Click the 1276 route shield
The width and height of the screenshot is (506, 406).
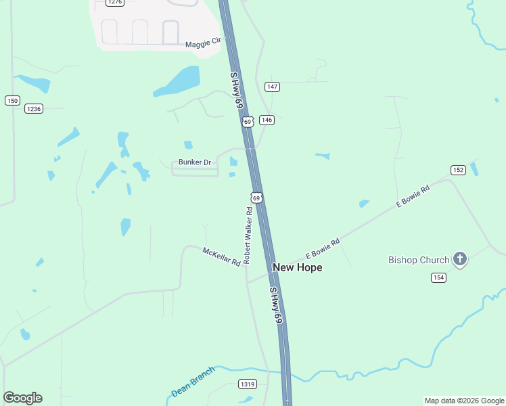coord(115,2)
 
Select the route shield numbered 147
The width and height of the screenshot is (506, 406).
coord(272,87)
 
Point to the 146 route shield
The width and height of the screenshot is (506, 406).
coord(267,120)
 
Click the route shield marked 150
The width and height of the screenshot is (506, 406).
coord(12,101)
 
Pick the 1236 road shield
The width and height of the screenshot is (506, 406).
coord(33,109)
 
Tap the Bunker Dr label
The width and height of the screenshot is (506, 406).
coord(195,162)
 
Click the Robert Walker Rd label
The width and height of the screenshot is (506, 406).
coord(248,235)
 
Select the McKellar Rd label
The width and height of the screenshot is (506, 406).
coord(222,256)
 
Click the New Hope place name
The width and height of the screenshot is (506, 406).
coord(297,268)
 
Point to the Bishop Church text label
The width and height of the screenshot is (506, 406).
coord(419,260)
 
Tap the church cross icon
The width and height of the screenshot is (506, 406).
coord(460,258)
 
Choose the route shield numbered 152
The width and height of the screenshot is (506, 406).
coord(458,170)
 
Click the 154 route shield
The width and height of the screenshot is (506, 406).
coord(438,277)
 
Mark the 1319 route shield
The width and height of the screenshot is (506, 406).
coord(248,384)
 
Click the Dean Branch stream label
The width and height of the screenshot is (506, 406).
coord(193,382)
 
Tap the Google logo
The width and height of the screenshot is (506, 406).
coord(22,398)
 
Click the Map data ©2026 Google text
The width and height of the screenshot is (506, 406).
coord(464,401)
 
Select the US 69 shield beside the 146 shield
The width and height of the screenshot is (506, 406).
coord(248,122)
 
